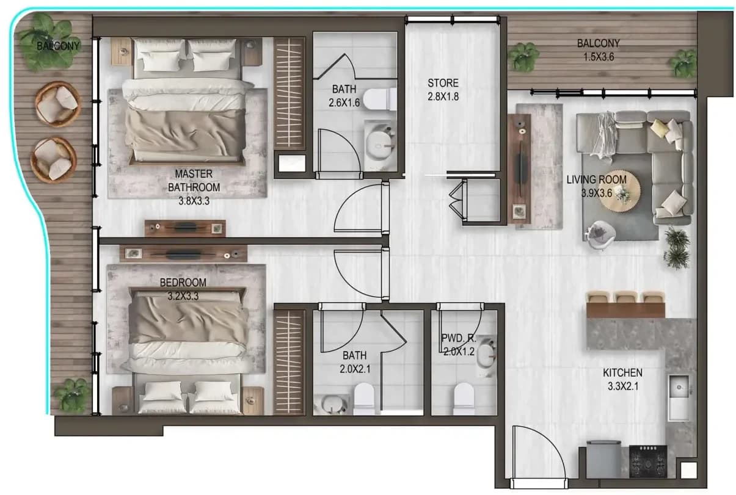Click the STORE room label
(443, 83)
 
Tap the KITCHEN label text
(622, 372)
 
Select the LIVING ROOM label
(596, 179)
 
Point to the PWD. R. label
(459, 338)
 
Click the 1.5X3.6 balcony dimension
(599, 57)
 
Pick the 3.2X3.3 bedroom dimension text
(183, 296)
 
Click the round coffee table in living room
(620, 190)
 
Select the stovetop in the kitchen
(648, 461)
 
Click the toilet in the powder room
(464, 398)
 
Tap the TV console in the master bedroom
(185, 228)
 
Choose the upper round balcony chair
(58, 104)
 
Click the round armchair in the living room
(600, 233)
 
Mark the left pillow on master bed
(161, 55)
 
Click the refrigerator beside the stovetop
(603, 459)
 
